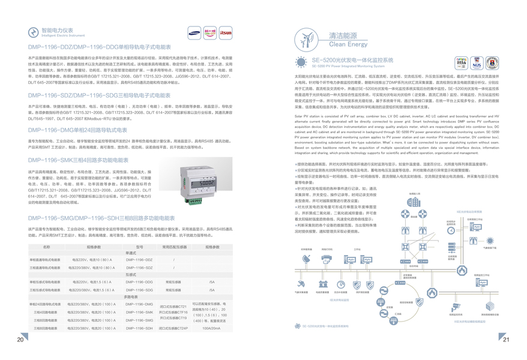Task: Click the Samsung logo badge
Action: pos(194,32)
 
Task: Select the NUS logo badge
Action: pos(477,63)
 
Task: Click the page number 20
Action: pos(20,340)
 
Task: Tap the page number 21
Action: pos(506,340)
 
